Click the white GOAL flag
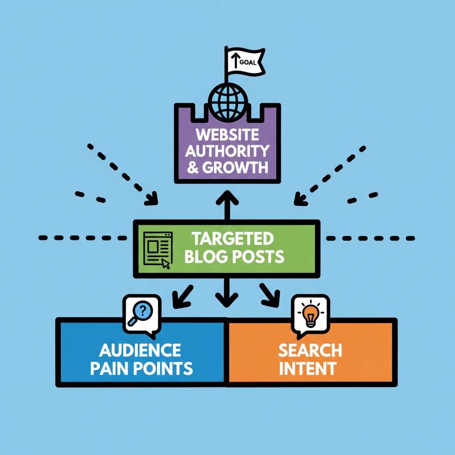(244, 61)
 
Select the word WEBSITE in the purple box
(227, 135)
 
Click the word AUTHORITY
(227, 151)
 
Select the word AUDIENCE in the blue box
(140, 350)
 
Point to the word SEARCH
(310, 350)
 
